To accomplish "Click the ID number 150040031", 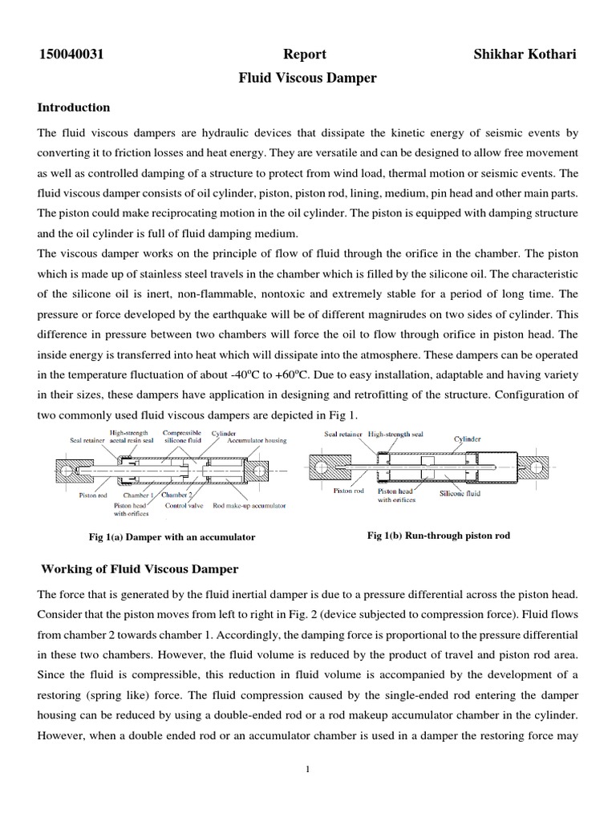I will (x=72, y=55).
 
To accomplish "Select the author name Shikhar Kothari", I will (x=523, y=55).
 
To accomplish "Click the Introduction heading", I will (x=74, y=107).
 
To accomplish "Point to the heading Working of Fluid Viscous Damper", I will (x=140, y=569).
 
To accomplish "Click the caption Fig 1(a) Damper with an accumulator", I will (x=172, y=536).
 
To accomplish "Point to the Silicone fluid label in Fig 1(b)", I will (x=460, y=494).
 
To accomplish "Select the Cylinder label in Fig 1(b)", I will (x=468, y=439).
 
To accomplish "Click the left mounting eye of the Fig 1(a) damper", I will (x=65, y=467).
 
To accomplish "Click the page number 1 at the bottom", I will (x=307, y=769).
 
